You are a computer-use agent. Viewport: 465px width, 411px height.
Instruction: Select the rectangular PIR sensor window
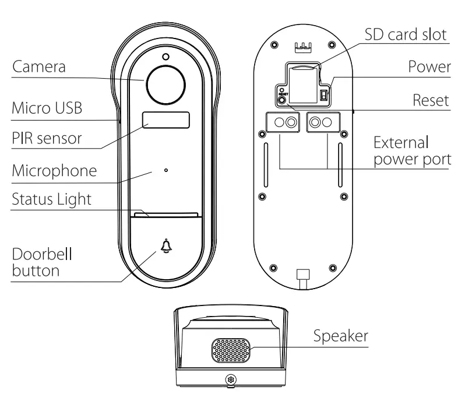click(x=166, y=120)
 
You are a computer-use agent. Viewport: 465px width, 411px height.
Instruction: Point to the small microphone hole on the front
click(x=166, y=171)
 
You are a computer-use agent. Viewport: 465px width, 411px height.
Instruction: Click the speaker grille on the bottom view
click(x=231, y=350)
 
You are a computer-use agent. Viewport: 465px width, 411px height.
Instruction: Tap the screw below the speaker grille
click(x=231, y=380)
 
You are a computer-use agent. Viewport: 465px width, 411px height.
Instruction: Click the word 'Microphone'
click(x=54, y=171)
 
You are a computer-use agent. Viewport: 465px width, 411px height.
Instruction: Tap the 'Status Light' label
click(x=51, y=199)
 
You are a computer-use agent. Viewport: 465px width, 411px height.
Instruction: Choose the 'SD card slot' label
click(x=407, y=34)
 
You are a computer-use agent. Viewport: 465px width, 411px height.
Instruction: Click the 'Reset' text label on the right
click(x=431, y=100)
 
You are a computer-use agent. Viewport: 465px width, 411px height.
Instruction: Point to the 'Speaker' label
click(x=341, y=336)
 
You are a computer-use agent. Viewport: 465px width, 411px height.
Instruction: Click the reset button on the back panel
click(x=283, y=100)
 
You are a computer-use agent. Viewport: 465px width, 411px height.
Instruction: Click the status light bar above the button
click(x=167, y=214)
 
